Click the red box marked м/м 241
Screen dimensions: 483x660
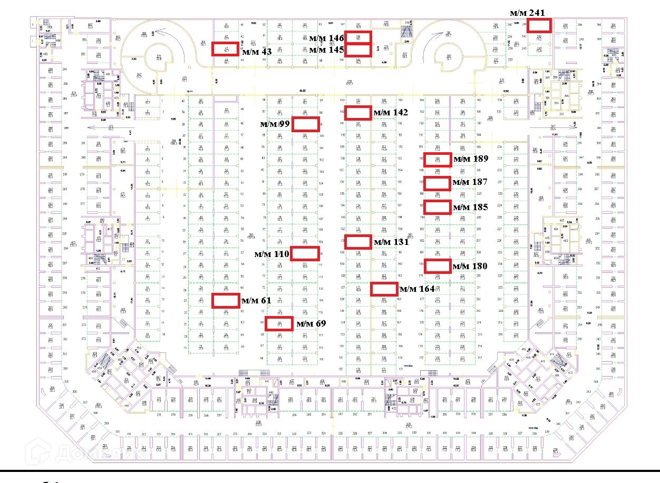coord(540,25)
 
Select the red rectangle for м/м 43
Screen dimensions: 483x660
coord(225,48)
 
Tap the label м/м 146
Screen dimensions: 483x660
coord(326,38)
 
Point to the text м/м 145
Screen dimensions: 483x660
coord(326,50)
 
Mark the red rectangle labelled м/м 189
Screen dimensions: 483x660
coord(438,160)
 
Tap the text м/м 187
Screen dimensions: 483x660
coord(470,183)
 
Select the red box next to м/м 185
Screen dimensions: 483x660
coord(438,208)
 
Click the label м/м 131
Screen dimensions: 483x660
coord(391,242)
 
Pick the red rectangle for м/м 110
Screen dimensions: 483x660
coord(306,253)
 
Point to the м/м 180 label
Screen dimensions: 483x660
coord(470,267)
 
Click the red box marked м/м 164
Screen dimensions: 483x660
coord(384,289)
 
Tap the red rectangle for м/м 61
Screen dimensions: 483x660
coord(226,300)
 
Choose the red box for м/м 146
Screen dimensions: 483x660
coord(358,37)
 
